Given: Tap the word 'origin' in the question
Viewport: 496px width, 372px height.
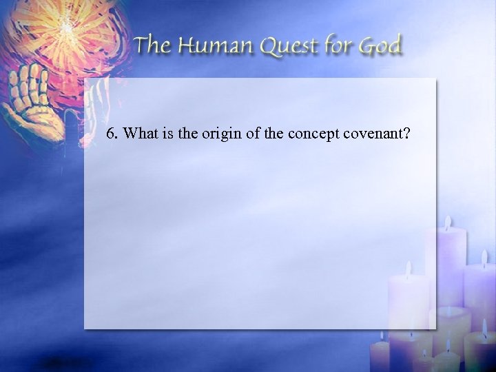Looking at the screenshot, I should click(x=218, y=134).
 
